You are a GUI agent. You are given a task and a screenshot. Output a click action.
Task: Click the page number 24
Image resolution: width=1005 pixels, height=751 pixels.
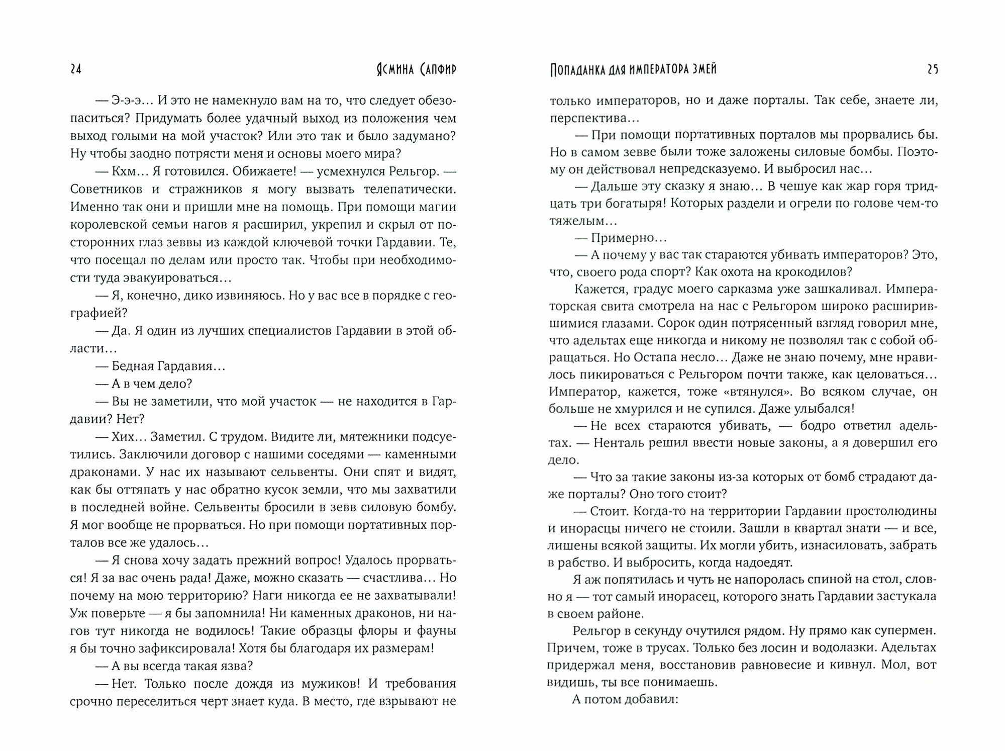76,70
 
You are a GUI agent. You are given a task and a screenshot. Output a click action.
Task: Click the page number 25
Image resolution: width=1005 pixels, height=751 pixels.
932,70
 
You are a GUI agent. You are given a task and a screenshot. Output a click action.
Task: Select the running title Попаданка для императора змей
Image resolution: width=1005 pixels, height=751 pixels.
633,70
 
